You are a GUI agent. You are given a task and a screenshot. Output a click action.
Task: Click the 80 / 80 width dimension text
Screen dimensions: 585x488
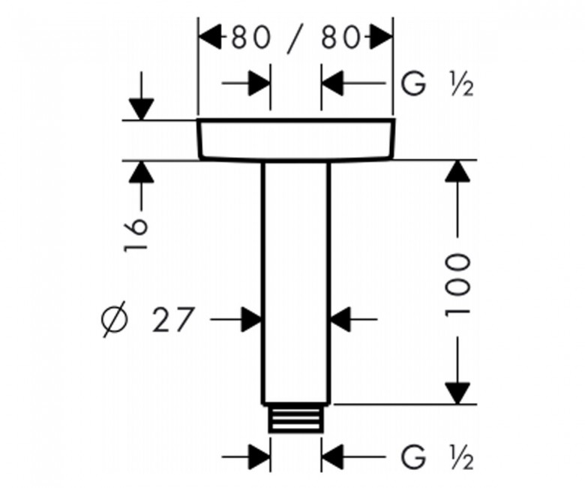click(295, 38)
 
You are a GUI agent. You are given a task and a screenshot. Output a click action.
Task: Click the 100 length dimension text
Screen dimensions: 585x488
click(457, 284)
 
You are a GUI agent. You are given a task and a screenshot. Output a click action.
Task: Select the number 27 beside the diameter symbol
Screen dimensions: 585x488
click(173, 320)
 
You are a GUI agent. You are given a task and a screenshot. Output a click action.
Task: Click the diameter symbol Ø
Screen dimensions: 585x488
click(115, 320)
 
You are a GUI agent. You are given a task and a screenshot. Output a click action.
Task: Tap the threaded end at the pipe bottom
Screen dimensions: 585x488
click(295, 418)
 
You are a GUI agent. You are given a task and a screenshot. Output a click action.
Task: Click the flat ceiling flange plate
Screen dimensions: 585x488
click(295, 140)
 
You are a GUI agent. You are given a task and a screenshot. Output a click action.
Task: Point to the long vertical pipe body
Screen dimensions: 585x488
click(295, 283)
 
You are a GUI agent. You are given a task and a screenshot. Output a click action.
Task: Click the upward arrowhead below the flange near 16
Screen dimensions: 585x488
click(142, 172)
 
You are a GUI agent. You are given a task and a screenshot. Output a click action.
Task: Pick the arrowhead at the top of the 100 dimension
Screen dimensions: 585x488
click(457, 172)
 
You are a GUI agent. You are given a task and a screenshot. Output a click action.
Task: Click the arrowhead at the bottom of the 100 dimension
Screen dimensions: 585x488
click(457, 393)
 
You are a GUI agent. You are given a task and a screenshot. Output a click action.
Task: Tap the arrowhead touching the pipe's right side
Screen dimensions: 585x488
click(340, 320)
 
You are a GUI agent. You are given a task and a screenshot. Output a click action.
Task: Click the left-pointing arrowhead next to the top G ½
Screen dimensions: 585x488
click(332, 83)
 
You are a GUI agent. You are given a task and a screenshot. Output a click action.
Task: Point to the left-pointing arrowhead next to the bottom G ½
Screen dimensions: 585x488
click(332, 456)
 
